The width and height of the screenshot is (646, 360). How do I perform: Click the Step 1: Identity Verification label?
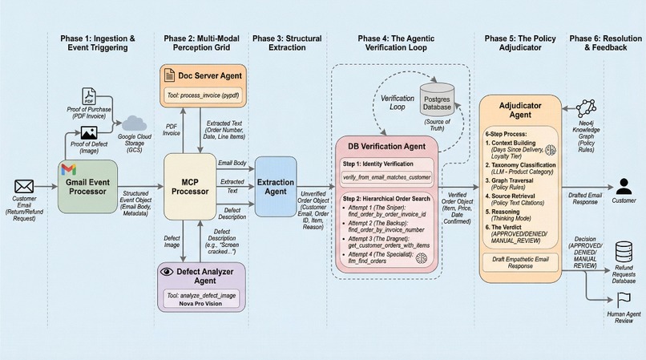tap(383, 163)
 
